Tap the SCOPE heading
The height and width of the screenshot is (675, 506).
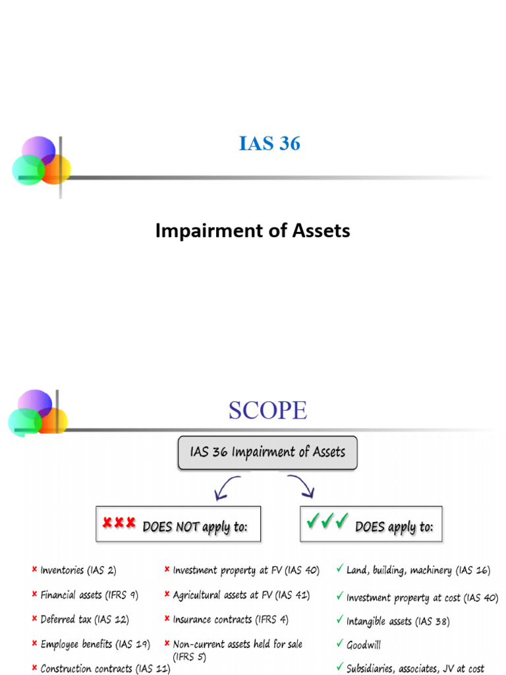tap(267, 410)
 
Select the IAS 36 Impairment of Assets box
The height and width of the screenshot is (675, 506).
tap(267, 452)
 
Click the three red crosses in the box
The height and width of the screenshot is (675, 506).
tap(119, 523)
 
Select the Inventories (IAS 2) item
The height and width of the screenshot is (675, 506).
tap(78, 570)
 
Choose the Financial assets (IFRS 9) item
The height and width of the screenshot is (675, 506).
tap(89, 595)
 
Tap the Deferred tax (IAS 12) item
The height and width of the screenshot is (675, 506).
tap(84, 620)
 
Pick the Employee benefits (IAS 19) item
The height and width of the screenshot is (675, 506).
tap(95, 644)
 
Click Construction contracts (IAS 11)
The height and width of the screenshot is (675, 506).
tap(105, 668)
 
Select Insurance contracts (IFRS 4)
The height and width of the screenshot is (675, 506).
tap(231, 620)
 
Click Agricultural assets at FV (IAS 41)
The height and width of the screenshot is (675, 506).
tap(240, 595)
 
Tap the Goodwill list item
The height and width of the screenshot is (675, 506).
tap(364, 645)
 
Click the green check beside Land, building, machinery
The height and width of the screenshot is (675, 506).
tap(339, 569)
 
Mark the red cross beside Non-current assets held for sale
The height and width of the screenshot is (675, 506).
tap(167, 643)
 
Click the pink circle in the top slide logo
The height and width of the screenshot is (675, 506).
tap(38, 148)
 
